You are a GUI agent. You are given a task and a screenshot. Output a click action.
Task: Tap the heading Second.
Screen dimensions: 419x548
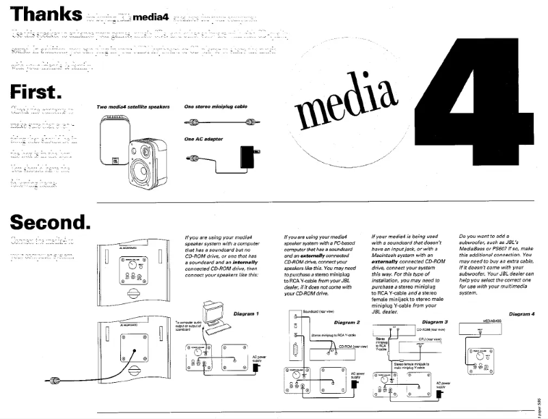point(50,222)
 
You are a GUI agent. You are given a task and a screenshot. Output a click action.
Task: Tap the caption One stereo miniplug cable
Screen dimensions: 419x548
point(215,107)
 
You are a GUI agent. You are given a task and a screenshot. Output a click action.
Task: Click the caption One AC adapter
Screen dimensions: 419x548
point(204,139)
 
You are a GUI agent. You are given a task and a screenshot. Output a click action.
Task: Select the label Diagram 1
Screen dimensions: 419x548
point(247,314)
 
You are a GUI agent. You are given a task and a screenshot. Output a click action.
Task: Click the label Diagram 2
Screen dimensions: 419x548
point(346,321)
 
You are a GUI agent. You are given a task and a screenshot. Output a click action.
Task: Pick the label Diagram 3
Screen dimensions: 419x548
point(435,321)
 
